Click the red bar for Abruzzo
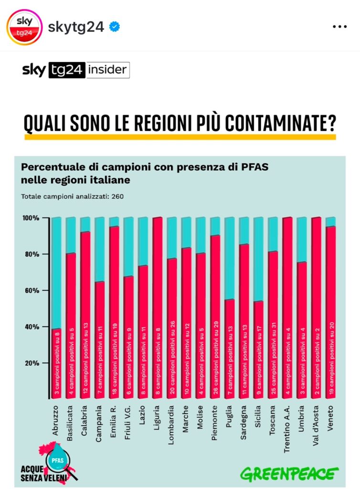click(56, 363)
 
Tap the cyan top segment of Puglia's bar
click(229, 258)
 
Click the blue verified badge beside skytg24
click(114, 27)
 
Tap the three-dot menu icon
click(339, 27)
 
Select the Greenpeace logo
click(289, 474)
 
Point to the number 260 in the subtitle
click(117, 196)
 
